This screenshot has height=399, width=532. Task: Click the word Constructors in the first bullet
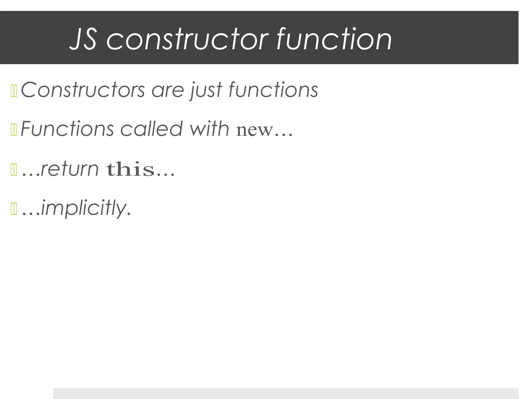pos(83,90)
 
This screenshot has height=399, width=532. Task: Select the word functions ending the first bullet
pos(273,90)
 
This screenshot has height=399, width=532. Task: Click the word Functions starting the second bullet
pos(67,129)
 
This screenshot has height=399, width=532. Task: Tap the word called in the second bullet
pos(151,129)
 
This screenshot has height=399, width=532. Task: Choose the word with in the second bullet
pos(209,129)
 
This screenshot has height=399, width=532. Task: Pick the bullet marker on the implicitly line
pos(14,209)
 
